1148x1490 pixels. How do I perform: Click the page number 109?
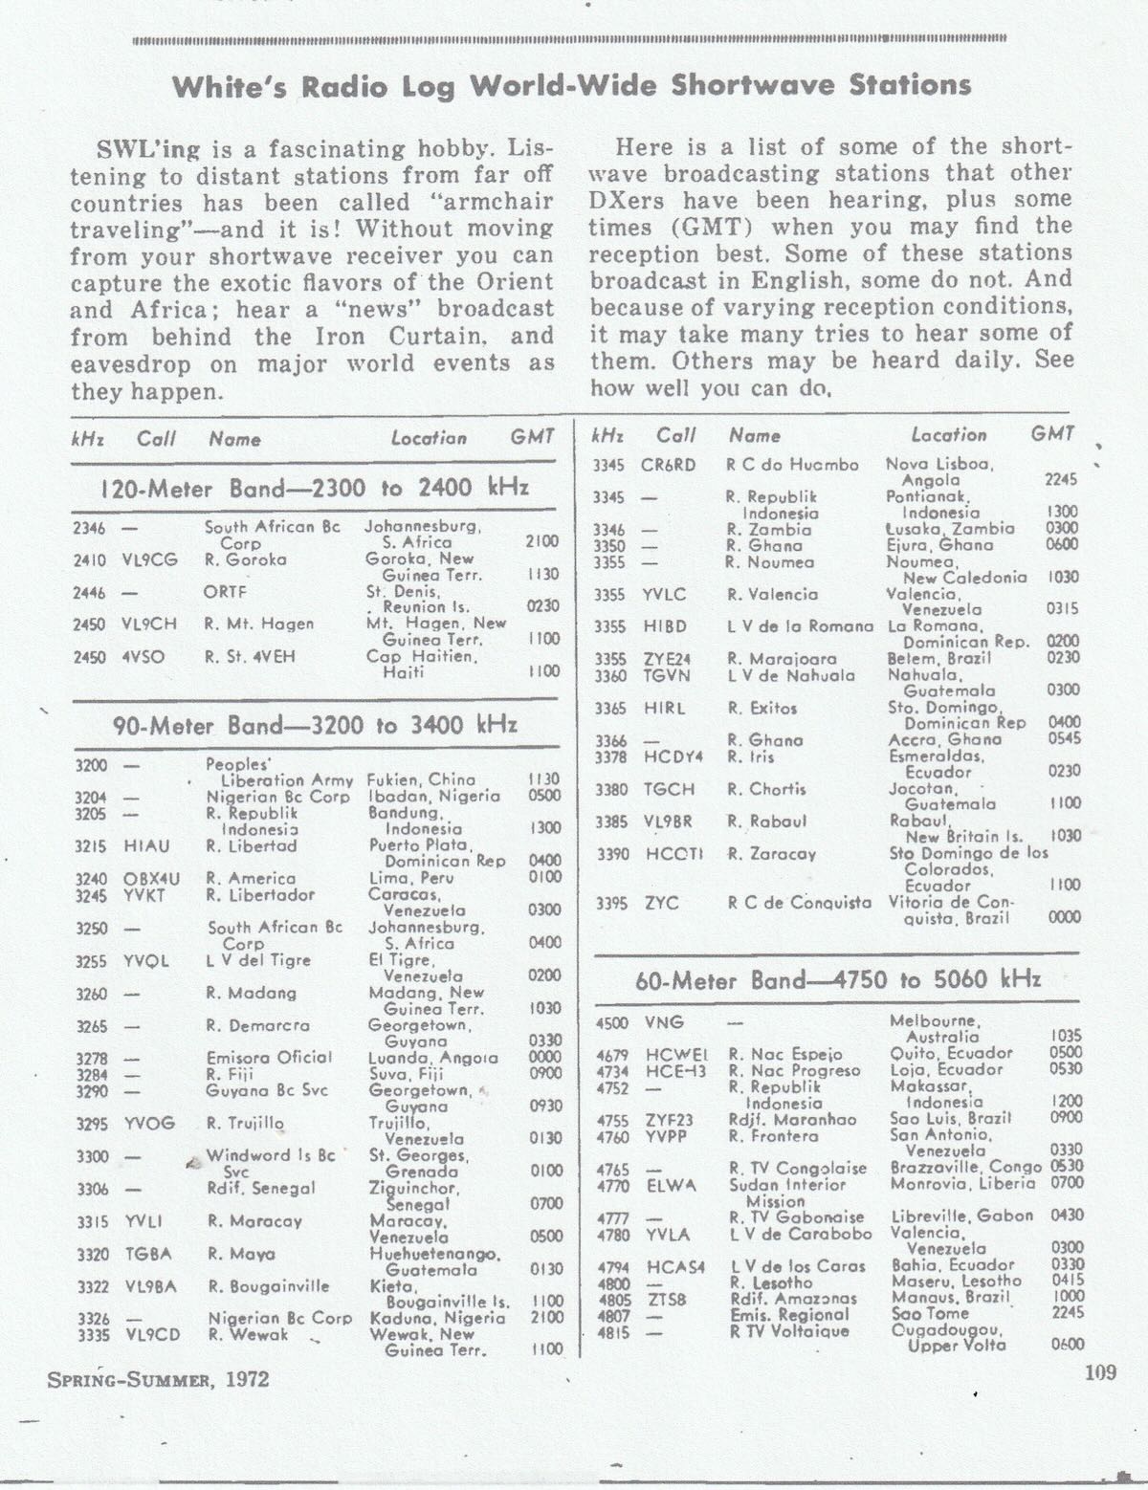1100,1373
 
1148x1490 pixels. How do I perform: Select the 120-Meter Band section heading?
314,488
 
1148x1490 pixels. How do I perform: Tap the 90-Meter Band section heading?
315,725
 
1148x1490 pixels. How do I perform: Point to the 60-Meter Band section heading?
837,980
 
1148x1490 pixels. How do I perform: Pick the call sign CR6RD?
668,465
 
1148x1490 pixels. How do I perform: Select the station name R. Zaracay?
771,853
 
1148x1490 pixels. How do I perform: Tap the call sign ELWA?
669,1184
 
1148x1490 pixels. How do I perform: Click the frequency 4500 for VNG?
612,1021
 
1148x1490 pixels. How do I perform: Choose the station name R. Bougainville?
268,1286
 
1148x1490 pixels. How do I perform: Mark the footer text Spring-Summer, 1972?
158,1379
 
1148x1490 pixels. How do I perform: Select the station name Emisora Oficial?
269,1057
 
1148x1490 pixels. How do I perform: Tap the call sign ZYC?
661,902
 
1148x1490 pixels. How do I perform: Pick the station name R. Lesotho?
770,1282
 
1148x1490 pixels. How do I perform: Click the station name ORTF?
226,592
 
